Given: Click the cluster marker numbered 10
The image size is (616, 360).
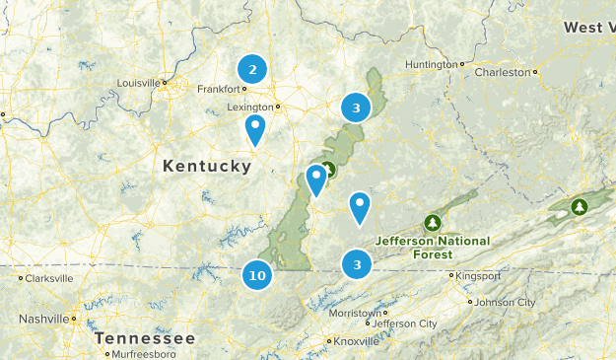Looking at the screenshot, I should [257, 275].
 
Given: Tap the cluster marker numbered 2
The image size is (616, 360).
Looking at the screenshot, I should [252, 69].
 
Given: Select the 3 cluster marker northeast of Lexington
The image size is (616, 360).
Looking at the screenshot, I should [356, 108].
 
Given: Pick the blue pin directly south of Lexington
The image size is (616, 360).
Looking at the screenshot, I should [255, 128].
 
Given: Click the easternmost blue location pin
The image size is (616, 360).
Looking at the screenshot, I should [360, 206].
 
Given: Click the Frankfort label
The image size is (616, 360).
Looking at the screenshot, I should [219, 89].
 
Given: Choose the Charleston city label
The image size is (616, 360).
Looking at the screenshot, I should [503, 72].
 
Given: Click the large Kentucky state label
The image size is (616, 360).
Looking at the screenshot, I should [207, 167].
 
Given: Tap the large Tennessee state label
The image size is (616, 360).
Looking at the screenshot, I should [145, 338].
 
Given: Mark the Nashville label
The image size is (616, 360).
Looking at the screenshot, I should [43, 319].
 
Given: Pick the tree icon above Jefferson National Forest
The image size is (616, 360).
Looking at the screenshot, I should [431, 222].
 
